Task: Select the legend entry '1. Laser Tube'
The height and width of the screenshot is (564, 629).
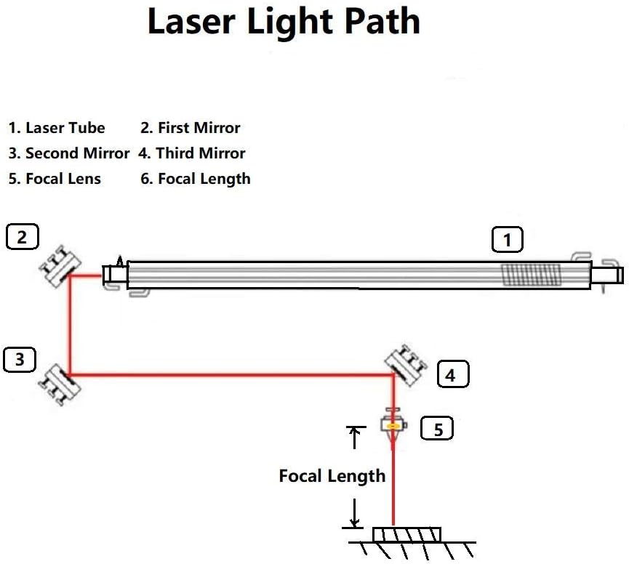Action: (57, 128)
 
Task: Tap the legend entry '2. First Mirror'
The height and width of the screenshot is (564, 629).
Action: (191, 128)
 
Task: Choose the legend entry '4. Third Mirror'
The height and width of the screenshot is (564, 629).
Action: (192, 153)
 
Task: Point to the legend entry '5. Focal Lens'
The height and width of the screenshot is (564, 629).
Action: (55, 179)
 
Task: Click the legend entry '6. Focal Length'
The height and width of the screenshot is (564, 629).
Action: (196, 179)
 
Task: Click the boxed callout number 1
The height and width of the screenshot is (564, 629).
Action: (508, 240)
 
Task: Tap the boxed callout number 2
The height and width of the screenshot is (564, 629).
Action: (22, 237)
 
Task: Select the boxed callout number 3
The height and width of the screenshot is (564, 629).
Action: (20, 360)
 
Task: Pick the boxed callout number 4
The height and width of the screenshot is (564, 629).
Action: (452, 375)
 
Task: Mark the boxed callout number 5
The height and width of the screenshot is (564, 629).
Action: (438, 429)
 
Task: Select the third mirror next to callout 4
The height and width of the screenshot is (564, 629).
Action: (406, 365)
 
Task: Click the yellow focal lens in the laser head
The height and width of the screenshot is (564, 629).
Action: (393, 425)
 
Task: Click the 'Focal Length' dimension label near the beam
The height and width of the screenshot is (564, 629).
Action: (332, 476)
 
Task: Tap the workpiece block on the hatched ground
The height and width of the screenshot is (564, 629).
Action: (406, 534)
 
